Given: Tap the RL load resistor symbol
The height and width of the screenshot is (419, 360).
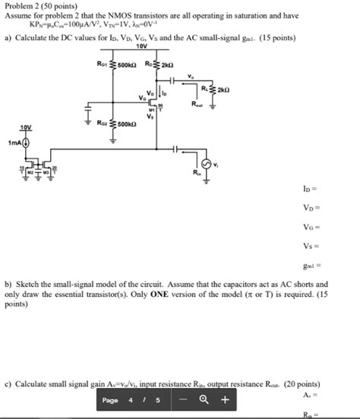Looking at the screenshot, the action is (212, 89).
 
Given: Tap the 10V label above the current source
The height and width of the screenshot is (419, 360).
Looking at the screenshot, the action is (27, 128).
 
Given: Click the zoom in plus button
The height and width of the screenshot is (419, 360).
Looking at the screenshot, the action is (225, 400).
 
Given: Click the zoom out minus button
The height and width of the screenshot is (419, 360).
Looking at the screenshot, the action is (183, 400).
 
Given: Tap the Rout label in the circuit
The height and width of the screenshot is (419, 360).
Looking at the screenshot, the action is (198, 104).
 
